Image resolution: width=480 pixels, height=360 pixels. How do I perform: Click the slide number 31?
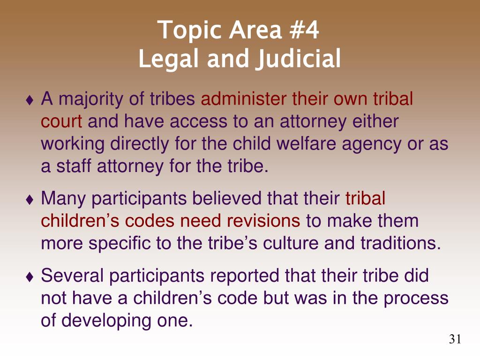[x=455, y=339]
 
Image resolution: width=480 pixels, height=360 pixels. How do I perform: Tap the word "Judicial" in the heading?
[x=299, y=59]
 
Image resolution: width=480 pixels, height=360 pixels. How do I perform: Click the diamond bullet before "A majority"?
[x=30, y=100]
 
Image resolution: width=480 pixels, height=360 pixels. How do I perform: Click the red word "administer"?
[x=244, y=98]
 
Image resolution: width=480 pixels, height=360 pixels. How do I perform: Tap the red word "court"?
[x=61, y=121]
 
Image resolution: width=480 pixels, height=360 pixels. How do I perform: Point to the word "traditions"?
[x=401, y=243]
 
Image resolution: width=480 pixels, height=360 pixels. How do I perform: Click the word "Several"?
[x=72, y=275]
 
